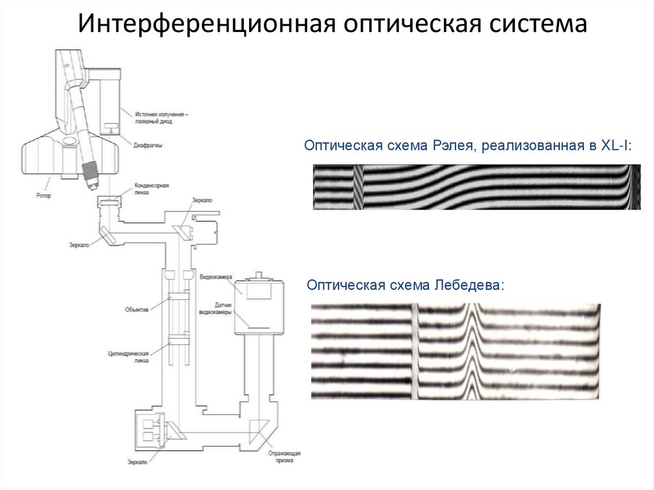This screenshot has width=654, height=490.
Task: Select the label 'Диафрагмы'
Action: coord(148,145)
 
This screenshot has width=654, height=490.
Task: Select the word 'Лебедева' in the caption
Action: coord(469,284)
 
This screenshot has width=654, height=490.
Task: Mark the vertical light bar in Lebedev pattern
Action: coord(414,351)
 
